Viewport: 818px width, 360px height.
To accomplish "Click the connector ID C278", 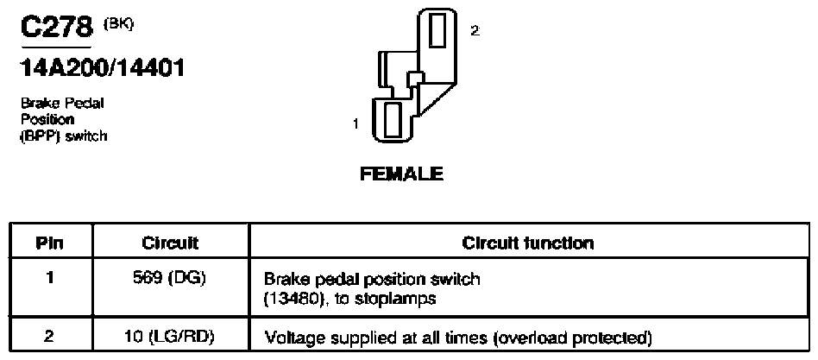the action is [x=56, y=28].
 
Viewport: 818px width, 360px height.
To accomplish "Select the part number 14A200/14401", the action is [x=102, y=68].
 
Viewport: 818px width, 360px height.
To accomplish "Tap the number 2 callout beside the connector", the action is [x=475, y=31].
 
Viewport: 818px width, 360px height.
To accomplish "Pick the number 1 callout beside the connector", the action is [x=356, y=123].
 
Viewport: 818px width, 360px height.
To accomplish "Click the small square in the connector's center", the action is [x=414, y=79].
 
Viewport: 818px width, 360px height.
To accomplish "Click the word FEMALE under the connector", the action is [x=402, y=174].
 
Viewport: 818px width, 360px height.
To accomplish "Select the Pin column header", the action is [x=49, y=243].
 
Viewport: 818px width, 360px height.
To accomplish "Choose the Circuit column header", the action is [x=171, y=243].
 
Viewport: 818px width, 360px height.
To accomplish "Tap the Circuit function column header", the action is [x=528, y=243].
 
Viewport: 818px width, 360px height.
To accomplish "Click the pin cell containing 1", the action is [x=49, y=278].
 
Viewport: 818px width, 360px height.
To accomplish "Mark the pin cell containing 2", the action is [x=49, y=337].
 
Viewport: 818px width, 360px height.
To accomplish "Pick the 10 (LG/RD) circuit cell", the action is [x=171, y=337].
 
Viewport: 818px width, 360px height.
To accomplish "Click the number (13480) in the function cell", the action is [x=293, y=300].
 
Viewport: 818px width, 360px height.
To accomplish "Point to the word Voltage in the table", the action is [x=288, y=338].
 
